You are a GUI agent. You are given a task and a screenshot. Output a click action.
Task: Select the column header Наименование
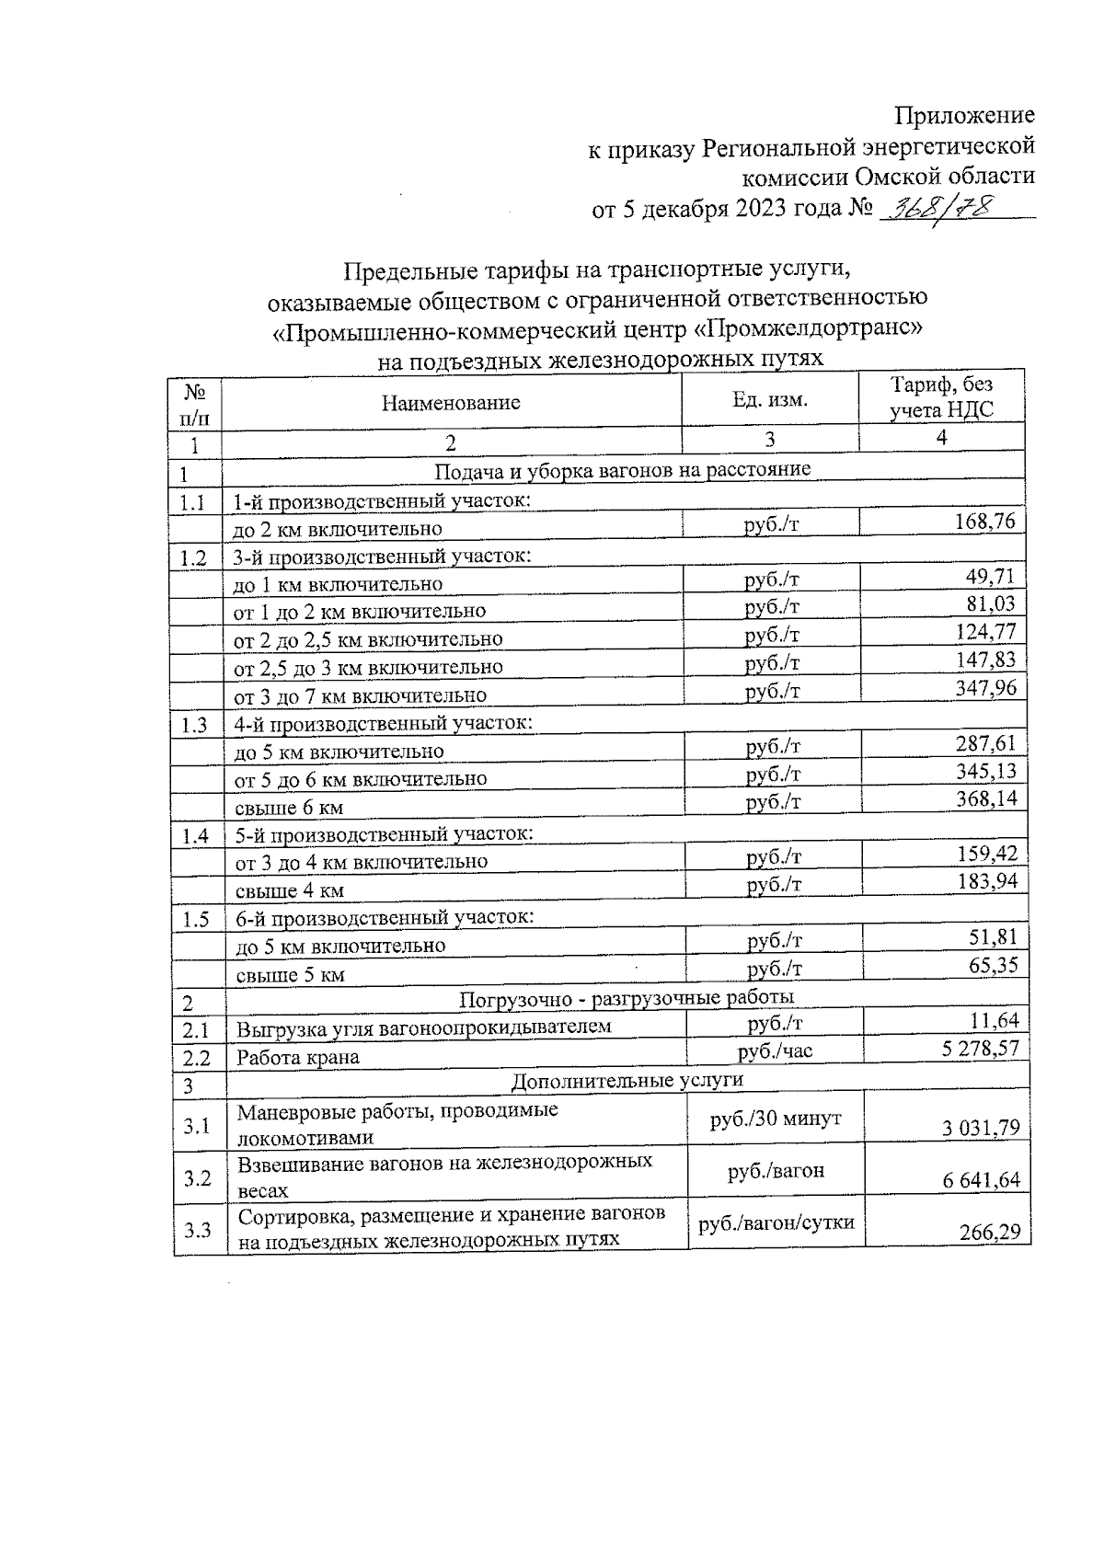point(451,403)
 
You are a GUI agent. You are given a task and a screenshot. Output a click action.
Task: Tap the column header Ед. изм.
point(770,400)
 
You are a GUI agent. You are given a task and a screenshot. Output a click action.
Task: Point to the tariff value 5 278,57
point(981,1048)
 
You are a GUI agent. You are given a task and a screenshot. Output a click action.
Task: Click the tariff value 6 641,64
point(981,1180)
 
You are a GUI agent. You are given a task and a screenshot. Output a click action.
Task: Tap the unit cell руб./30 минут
point(775,1119)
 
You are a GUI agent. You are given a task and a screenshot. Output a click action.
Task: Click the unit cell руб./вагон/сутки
point(776,1222)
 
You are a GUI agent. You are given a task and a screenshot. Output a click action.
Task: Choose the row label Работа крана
point(298,1057)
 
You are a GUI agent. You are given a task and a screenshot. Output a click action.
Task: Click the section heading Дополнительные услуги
point(627,1079)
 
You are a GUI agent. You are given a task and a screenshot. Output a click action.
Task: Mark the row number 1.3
point(194,725)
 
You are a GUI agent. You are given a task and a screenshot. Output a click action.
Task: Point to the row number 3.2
point(196,1178)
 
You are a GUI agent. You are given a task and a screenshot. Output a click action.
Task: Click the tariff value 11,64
point(995,1019)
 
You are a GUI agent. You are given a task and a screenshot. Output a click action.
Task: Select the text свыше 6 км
point(290,808)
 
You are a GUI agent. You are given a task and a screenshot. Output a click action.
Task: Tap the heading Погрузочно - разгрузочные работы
point(627,997)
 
